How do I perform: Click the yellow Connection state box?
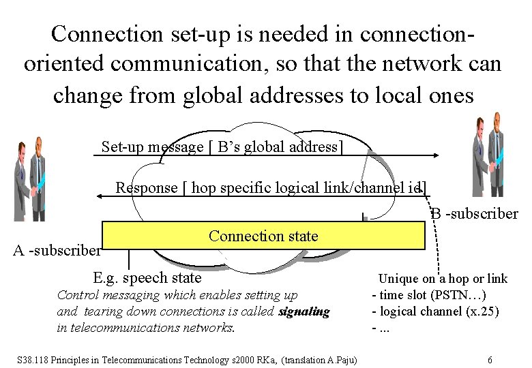(x=263, y=236)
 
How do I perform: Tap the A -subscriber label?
(x=57, y=250)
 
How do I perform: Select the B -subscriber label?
(x=474, y=213)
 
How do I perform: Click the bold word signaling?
(x=304, y=312)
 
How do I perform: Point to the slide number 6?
(x=490, y=359)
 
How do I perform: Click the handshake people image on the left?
(x=30, y=179)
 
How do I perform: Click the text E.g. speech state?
(x=147, y=277)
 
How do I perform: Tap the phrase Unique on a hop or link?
(x=443, y=278)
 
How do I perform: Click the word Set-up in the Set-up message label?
(x=123, y=147)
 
